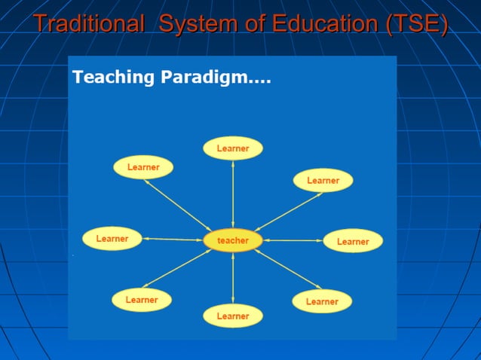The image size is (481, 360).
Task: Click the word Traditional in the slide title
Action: coord(88,24)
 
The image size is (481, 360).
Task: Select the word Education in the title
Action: coord(325,24)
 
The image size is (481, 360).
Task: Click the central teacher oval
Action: coord(233,240)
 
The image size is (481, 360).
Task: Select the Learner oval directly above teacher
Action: coord(233,148)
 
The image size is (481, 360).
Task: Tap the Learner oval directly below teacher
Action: coord(233,316)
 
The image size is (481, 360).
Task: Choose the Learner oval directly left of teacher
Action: coord(112,239)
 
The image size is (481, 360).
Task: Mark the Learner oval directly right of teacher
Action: coord(353,241)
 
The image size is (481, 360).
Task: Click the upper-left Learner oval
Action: coord(143,167)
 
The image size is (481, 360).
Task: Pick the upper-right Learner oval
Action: coord(323,180)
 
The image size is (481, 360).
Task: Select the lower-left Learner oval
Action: coord(142,300)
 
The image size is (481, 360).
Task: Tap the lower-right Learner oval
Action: coord(322,301)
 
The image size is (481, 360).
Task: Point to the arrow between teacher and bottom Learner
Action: coord(233,278)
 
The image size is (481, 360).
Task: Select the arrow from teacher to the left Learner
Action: coord(173,239)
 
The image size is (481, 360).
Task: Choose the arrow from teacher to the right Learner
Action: coord(293,241)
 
